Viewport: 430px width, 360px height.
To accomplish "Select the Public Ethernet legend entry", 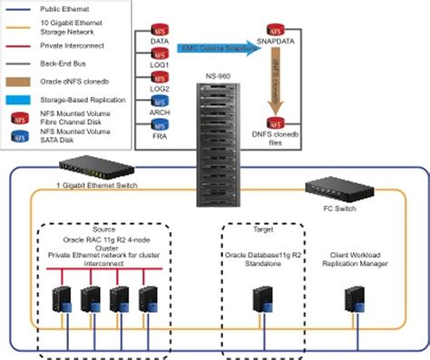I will tap(64, 7).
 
